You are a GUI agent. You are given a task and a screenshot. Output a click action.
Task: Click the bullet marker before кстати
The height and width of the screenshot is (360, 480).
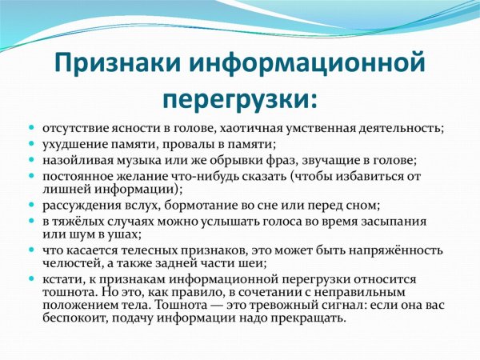[x=32, y=279]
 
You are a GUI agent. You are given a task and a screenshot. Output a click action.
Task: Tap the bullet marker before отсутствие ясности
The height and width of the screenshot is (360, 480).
[x=32, y=129]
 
